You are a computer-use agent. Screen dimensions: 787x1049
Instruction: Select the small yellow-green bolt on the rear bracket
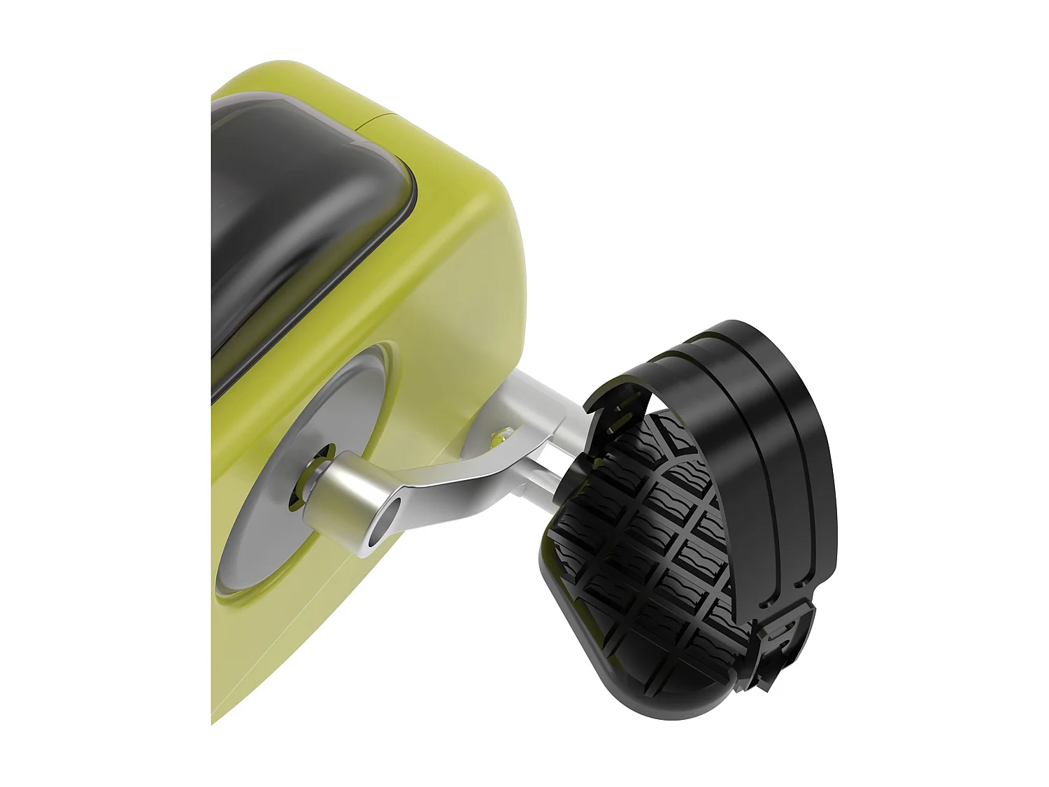coord(498,439)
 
